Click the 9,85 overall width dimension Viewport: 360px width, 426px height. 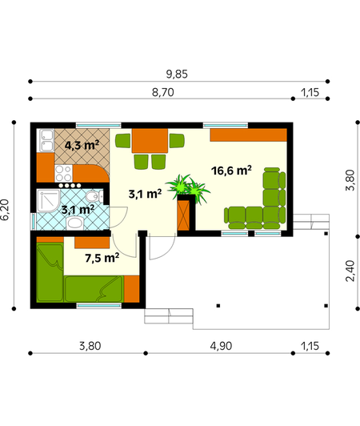click(177, 74)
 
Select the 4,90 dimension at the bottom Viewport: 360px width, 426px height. click(221, 346)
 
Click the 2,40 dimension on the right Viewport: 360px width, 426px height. click(350, 271)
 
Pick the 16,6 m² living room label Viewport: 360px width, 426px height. click(231, 171)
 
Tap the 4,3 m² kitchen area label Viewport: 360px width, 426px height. click(82, 146)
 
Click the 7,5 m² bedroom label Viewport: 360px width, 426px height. click(102, 258)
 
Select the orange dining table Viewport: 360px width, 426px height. click(150, 141)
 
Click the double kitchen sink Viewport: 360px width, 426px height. click(46, 140)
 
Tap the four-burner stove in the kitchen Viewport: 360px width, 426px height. click(63, 174)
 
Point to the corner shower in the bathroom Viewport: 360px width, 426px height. click(48, 201)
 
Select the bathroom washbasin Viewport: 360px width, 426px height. click(75, 223)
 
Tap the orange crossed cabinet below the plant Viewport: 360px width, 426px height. click(183, 215)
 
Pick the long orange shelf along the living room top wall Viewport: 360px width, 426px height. click(249, 135)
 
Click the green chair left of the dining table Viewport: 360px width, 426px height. click(122, 141)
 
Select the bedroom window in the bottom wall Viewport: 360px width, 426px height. click(99, 306)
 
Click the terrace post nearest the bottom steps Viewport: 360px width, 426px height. click(218, 306)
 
